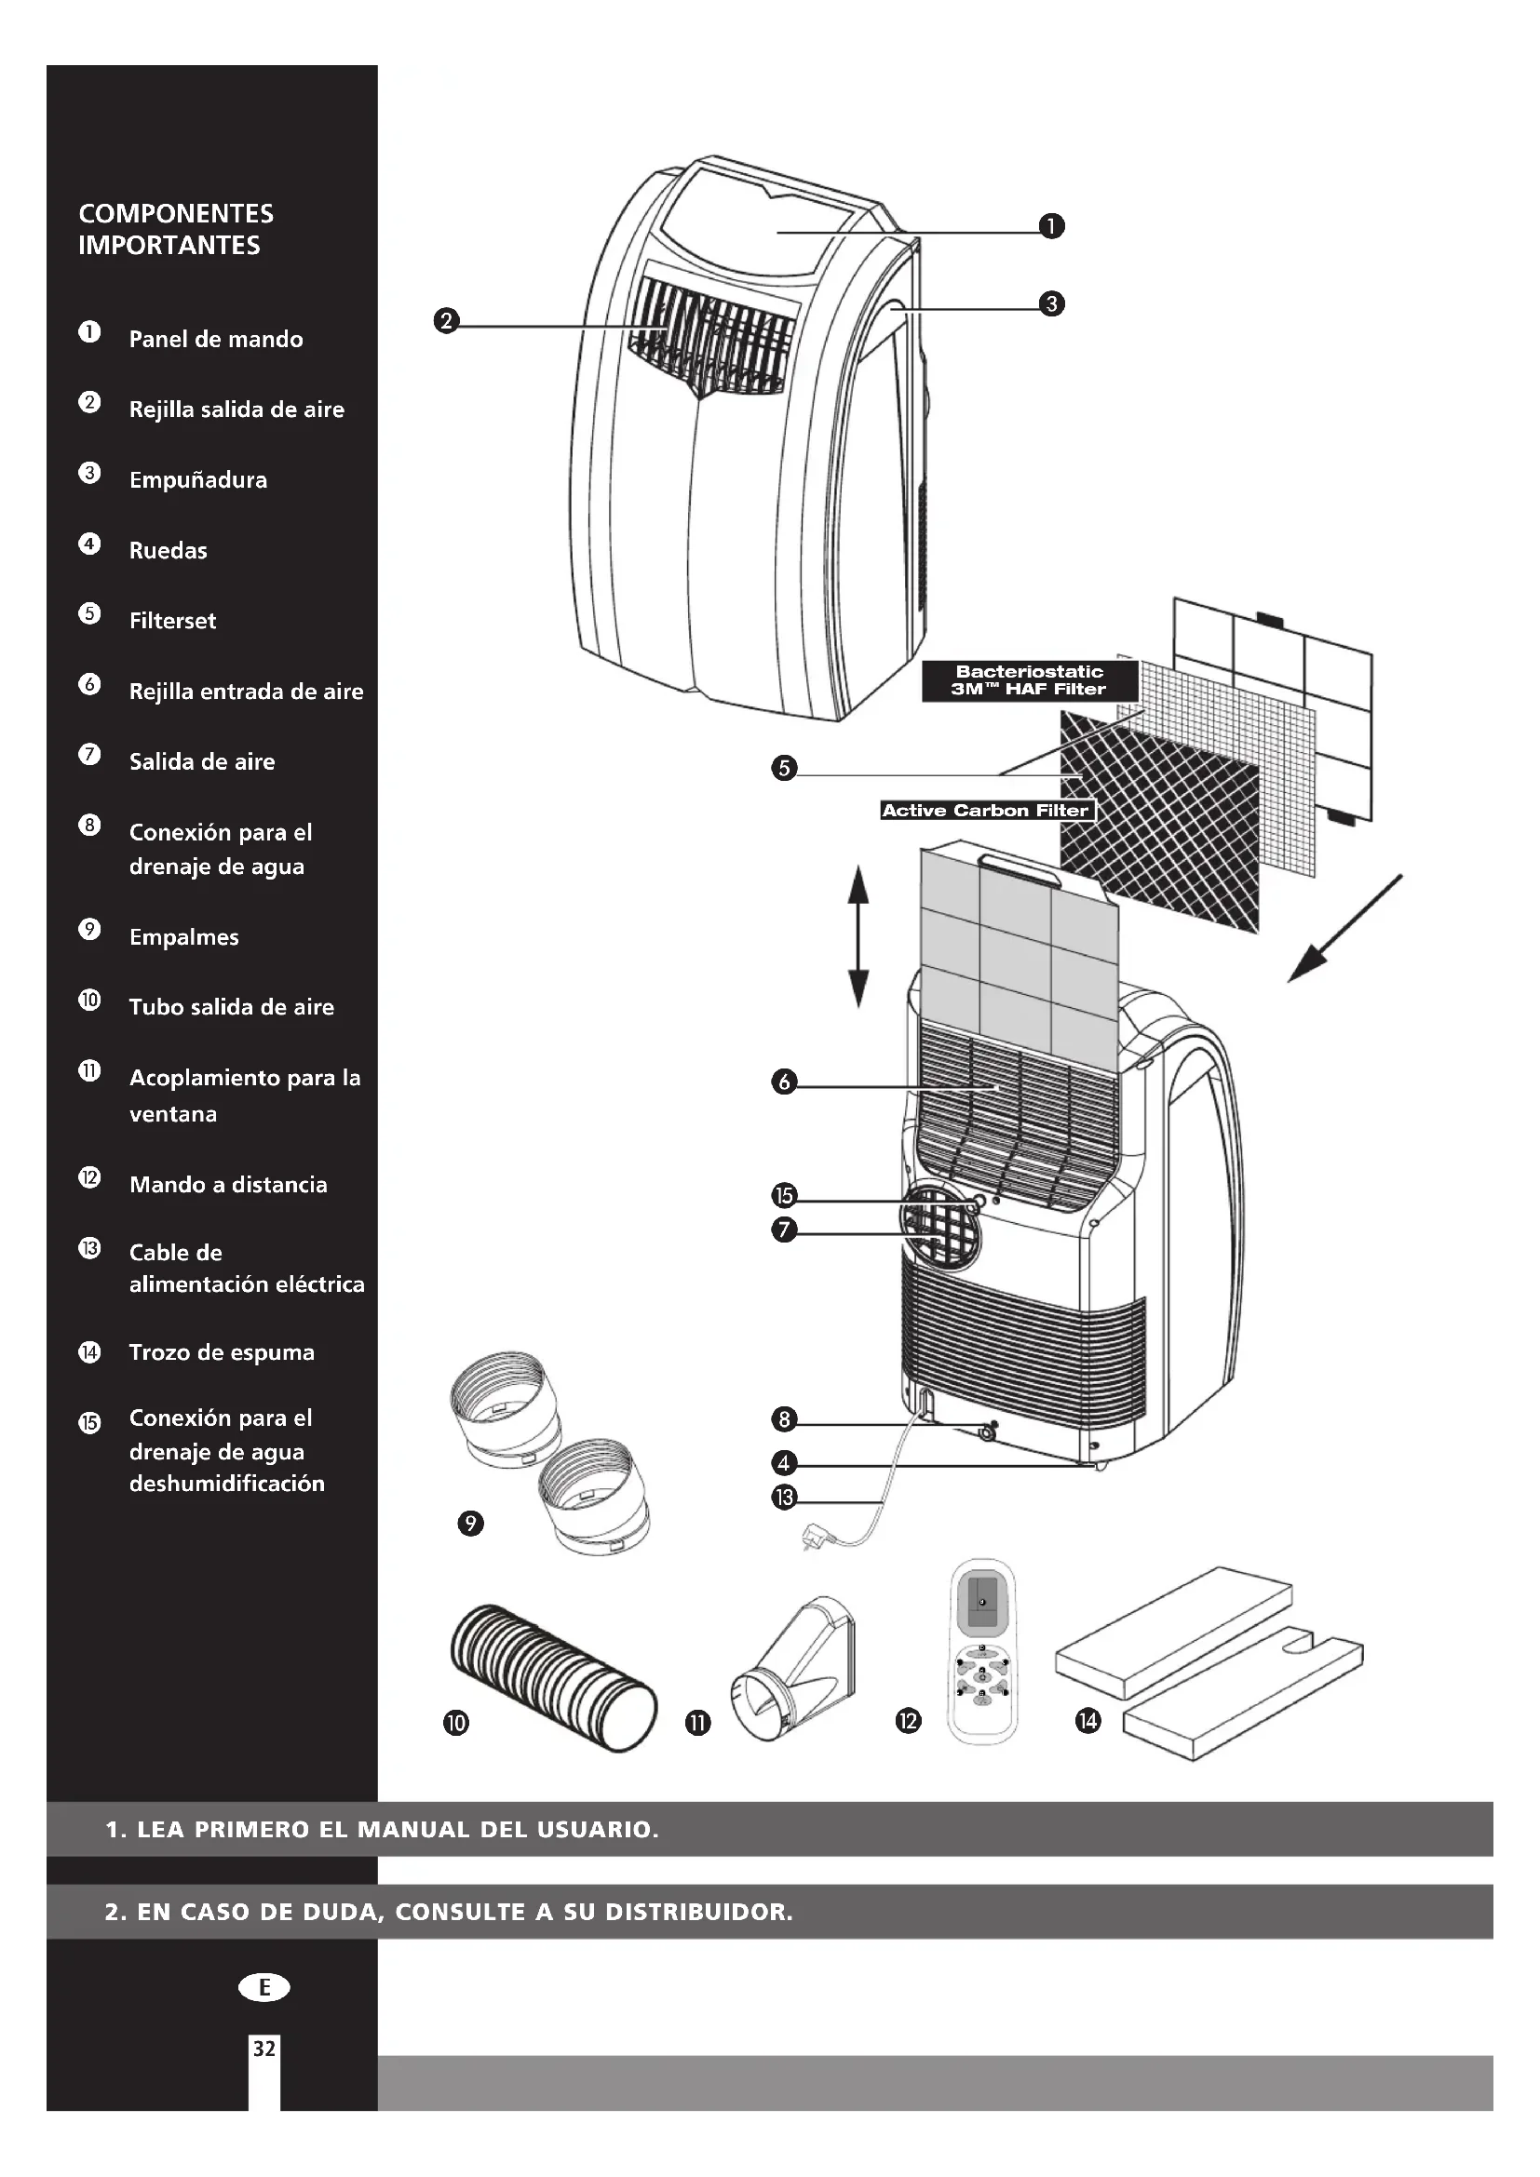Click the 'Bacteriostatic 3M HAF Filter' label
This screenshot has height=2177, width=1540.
click(x=1029, y=679)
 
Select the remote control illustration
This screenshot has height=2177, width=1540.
click(x=982, y=1650)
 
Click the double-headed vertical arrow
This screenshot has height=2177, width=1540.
click(x=858, y=934)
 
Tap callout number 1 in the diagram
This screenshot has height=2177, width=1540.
click(x=1051, y=226)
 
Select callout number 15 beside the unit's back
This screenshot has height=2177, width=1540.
click(x=784, y=1196)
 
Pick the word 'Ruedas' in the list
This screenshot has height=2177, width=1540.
click(x=168, y=550)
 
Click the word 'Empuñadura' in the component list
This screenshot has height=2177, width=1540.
click(x=198, y=479)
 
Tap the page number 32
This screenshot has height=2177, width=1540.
click(x=263, y=2048)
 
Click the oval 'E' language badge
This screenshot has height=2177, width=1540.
click(x=264, y=1986)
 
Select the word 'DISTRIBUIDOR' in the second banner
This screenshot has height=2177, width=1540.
click(x=697, y=1912)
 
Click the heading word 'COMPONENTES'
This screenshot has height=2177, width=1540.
click(x=176, y=213)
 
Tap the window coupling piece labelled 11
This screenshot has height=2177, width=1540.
click(x=793, y=1669)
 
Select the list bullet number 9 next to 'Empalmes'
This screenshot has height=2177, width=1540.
click(x=89, y=929)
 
